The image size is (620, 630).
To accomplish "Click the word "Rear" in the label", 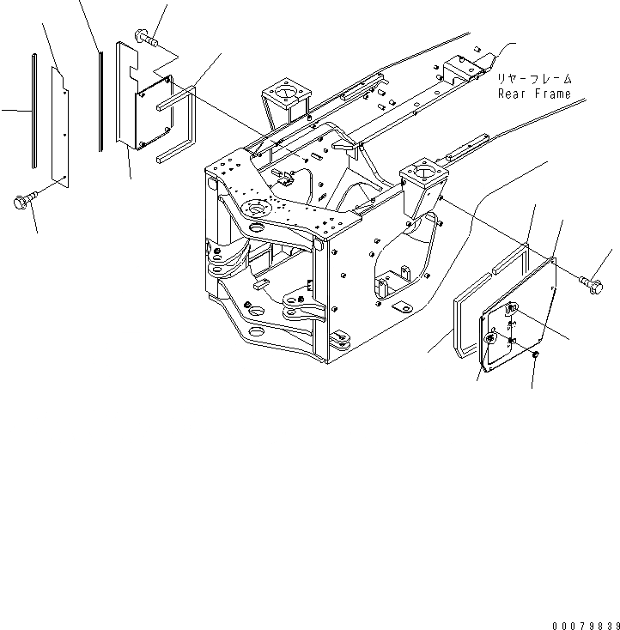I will (514, 94).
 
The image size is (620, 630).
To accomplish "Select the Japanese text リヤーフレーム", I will (534, 79).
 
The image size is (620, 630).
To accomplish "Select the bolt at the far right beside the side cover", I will (592, 280).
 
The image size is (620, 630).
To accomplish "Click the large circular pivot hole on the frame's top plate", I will (255, 208).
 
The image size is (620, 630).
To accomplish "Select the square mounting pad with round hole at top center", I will (283, 91).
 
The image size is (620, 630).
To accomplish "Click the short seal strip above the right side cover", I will (508, 259).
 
